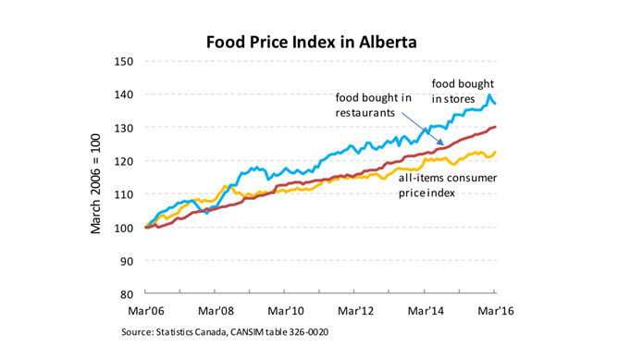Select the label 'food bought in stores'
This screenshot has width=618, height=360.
pyautogui.click(x=463, y=90)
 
